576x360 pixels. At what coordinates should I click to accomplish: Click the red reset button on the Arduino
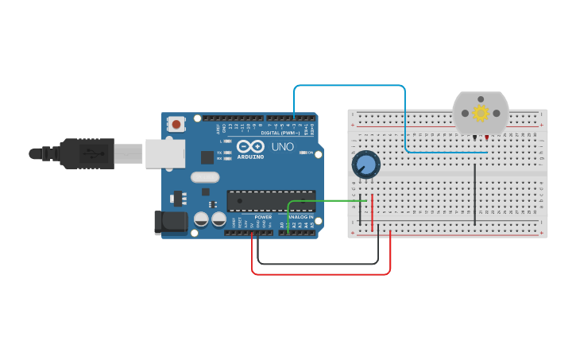(x=176, y=124)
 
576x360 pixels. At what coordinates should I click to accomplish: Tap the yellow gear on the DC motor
(x=481, y=113)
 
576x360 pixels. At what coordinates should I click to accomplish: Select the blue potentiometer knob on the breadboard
(x=366, y=165)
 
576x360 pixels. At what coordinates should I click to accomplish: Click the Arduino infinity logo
(x=250, y=146)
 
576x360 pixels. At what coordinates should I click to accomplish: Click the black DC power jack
(x=170, y=223)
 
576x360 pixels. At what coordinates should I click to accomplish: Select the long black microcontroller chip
(x=271, y=201)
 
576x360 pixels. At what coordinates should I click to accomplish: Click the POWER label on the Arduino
(x=263, y=217)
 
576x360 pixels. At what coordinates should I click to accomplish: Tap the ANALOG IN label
(x=300, y=217)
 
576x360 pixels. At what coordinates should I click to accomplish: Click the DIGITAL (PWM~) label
(x=280, y=133)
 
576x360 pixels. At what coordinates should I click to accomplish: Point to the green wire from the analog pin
(x=326, y=200)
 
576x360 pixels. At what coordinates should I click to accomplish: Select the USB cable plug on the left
(x=87, y=153)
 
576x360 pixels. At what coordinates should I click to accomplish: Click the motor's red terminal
(x=487, y=137)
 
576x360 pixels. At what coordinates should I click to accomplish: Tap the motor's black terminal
(x=475, y=137)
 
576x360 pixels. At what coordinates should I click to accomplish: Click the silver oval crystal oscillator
(x=204, y=178)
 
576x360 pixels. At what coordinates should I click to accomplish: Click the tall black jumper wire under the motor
(x=475, y=195)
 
